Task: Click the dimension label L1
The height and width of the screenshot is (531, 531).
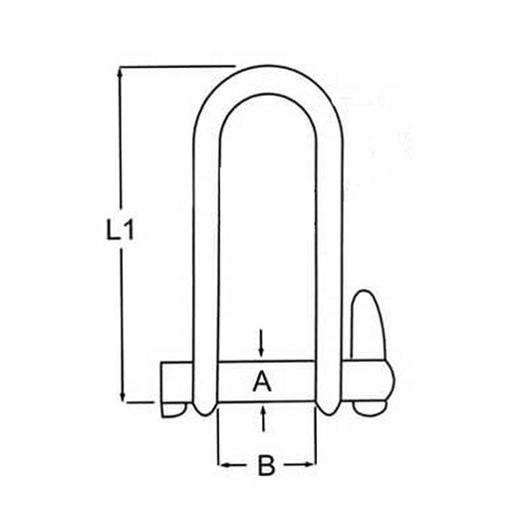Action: [x=120, y=230]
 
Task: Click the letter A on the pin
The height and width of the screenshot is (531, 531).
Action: [x=262, y=380]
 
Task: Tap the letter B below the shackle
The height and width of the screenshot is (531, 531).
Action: [x=266, y=465]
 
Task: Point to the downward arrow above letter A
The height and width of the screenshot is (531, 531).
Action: [x=262, y=346]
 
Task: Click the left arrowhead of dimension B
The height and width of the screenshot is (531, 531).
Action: [x=221, y=465]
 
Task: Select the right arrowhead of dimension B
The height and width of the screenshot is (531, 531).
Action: [x=313, y=465]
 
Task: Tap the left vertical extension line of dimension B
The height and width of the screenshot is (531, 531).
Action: [x=216, y=438]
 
